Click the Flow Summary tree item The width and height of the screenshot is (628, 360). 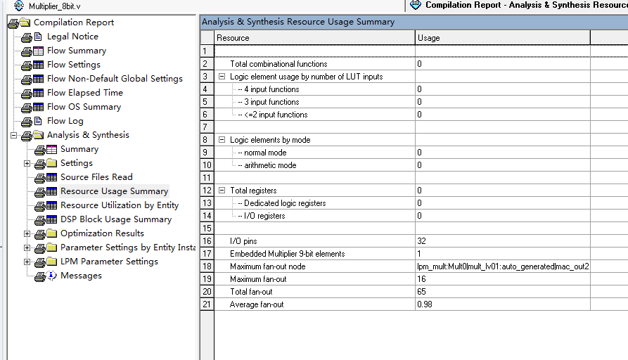point(76,51)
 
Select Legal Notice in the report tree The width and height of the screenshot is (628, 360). point(72,37)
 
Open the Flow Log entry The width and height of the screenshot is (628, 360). point(65,121)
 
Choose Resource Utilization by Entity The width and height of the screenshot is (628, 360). point(119,205)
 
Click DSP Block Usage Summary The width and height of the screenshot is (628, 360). point(115,219)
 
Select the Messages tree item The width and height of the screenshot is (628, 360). point(81,276)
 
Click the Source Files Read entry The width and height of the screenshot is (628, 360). point(96,177)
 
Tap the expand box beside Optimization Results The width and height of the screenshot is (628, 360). point(27,233)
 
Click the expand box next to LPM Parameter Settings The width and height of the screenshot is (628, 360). point(27,262)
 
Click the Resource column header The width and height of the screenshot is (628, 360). point(233,38)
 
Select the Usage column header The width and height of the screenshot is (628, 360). point(428,38)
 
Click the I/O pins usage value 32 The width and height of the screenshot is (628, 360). point(422,241)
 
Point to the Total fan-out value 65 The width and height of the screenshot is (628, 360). point(422,292)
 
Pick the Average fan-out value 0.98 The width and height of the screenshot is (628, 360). point(424,304)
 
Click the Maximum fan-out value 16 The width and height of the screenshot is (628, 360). point(422,279)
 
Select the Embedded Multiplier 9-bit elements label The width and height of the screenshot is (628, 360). point(287,254)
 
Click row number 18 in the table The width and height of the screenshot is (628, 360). point(207,266)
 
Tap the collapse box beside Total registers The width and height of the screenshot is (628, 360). point(222,191)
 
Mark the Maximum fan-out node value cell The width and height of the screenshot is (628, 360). point(502,266)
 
